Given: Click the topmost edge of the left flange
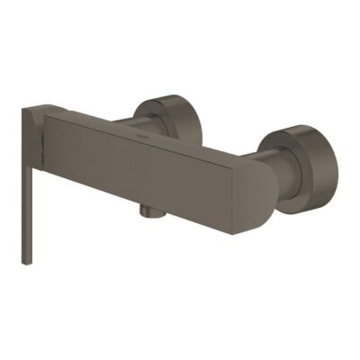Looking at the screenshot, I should (166, 91).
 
